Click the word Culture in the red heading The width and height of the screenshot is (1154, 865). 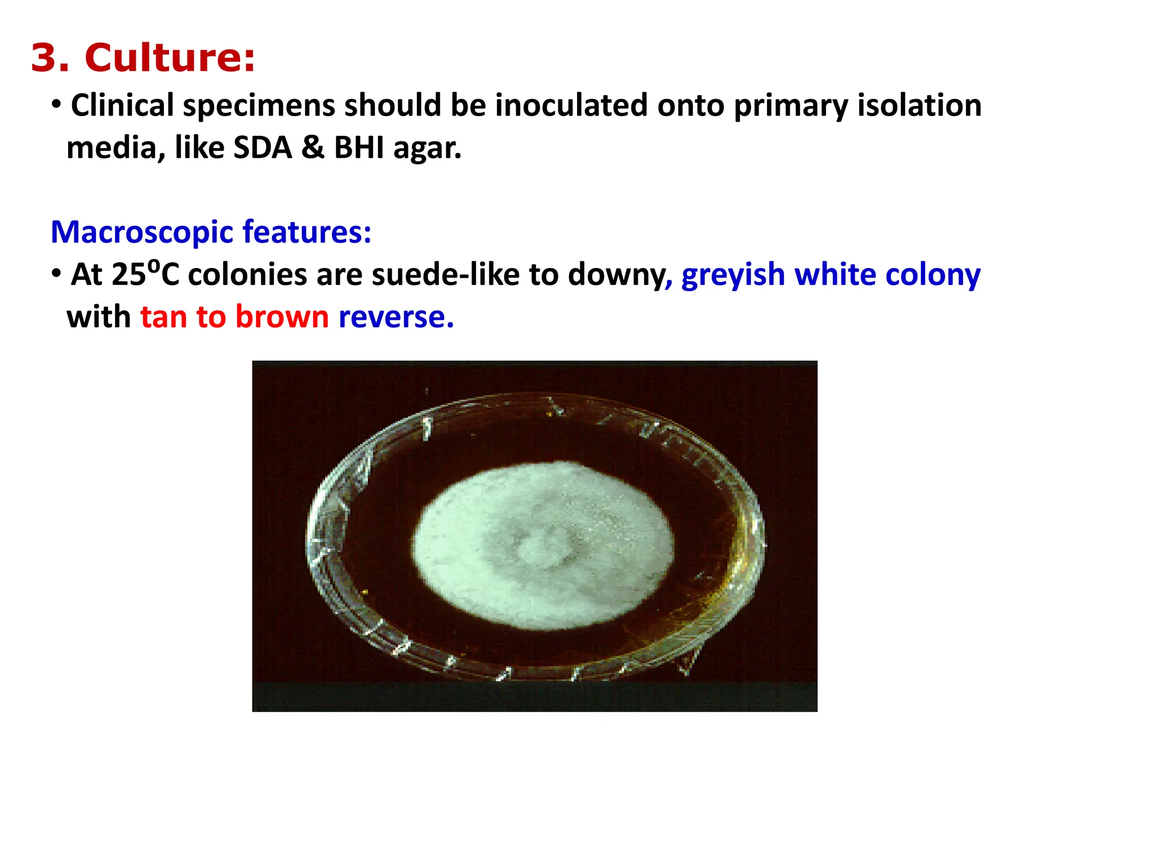169,58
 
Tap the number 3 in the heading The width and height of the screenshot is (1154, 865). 50,58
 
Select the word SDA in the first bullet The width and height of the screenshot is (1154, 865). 263,148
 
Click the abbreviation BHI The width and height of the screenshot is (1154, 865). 358,148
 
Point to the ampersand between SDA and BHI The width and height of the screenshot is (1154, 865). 312,148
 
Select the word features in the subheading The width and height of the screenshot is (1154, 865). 307,232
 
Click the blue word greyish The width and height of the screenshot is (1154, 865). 733,275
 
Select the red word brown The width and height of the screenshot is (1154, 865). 282,316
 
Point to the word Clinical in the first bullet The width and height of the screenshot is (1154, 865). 122,105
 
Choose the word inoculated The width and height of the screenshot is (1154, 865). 571,105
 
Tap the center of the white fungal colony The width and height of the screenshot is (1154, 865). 543,545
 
